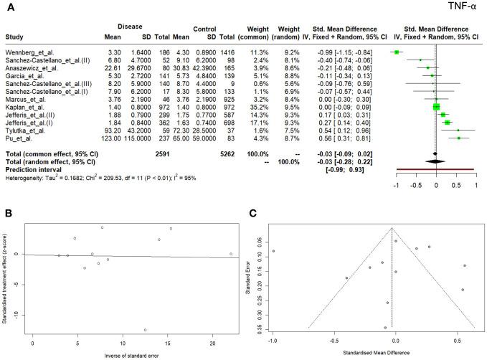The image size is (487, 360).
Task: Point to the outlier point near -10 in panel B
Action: click(146, 330)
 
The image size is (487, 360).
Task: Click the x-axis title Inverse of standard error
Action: click(129, 357)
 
